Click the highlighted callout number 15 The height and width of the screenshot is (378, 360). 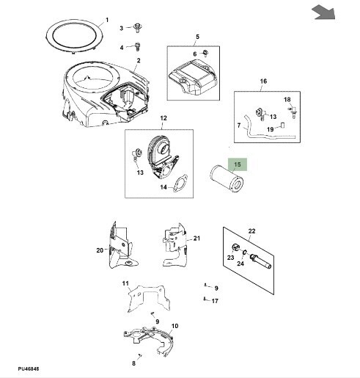[x=238, y=164]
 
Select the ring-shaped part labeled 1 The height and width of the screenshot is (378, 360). [x=75, y=37]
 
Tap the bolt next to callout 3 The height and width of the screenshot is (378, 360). [x=138, y=27]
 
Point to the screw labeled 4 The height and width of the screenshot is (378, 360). [x=138, y=46]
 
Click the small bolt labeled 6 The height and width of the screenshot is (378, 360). [x=205, y=53]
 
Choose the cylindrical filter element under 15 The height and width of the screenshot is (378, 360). [x=227, y=179]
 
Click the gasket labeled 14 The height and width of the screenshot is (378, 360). [x=180, y=183]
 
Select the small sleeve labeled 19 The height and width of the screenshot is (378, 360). [x=283, y=125]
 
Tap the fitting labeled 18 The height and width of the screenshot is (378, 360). [x=293, y=112]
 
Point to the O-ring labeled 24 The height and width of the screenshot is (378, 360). [x=244, y=252]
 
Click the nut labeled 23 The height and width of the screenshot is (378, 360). [x=235, y=247]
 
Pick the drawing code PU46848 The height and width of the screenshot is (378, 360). [x=29, y=368]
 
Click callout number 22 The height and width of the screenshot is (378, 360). [x=251, y=231]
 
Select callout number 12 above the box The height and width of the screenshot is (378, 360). [x=164, y=118]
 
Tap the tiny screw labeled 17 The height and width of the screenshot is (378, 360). [x=205, y=299]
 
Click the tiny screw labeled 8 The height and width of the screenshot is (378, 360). [x=140, y=355]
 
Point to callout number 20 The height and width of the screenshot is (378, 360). [x=100, y=250]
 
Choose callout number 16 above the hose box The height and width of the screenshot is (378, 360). [x=263, y=81]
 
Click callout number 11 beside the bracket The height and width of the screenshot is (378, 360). [x=125, y=283]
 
